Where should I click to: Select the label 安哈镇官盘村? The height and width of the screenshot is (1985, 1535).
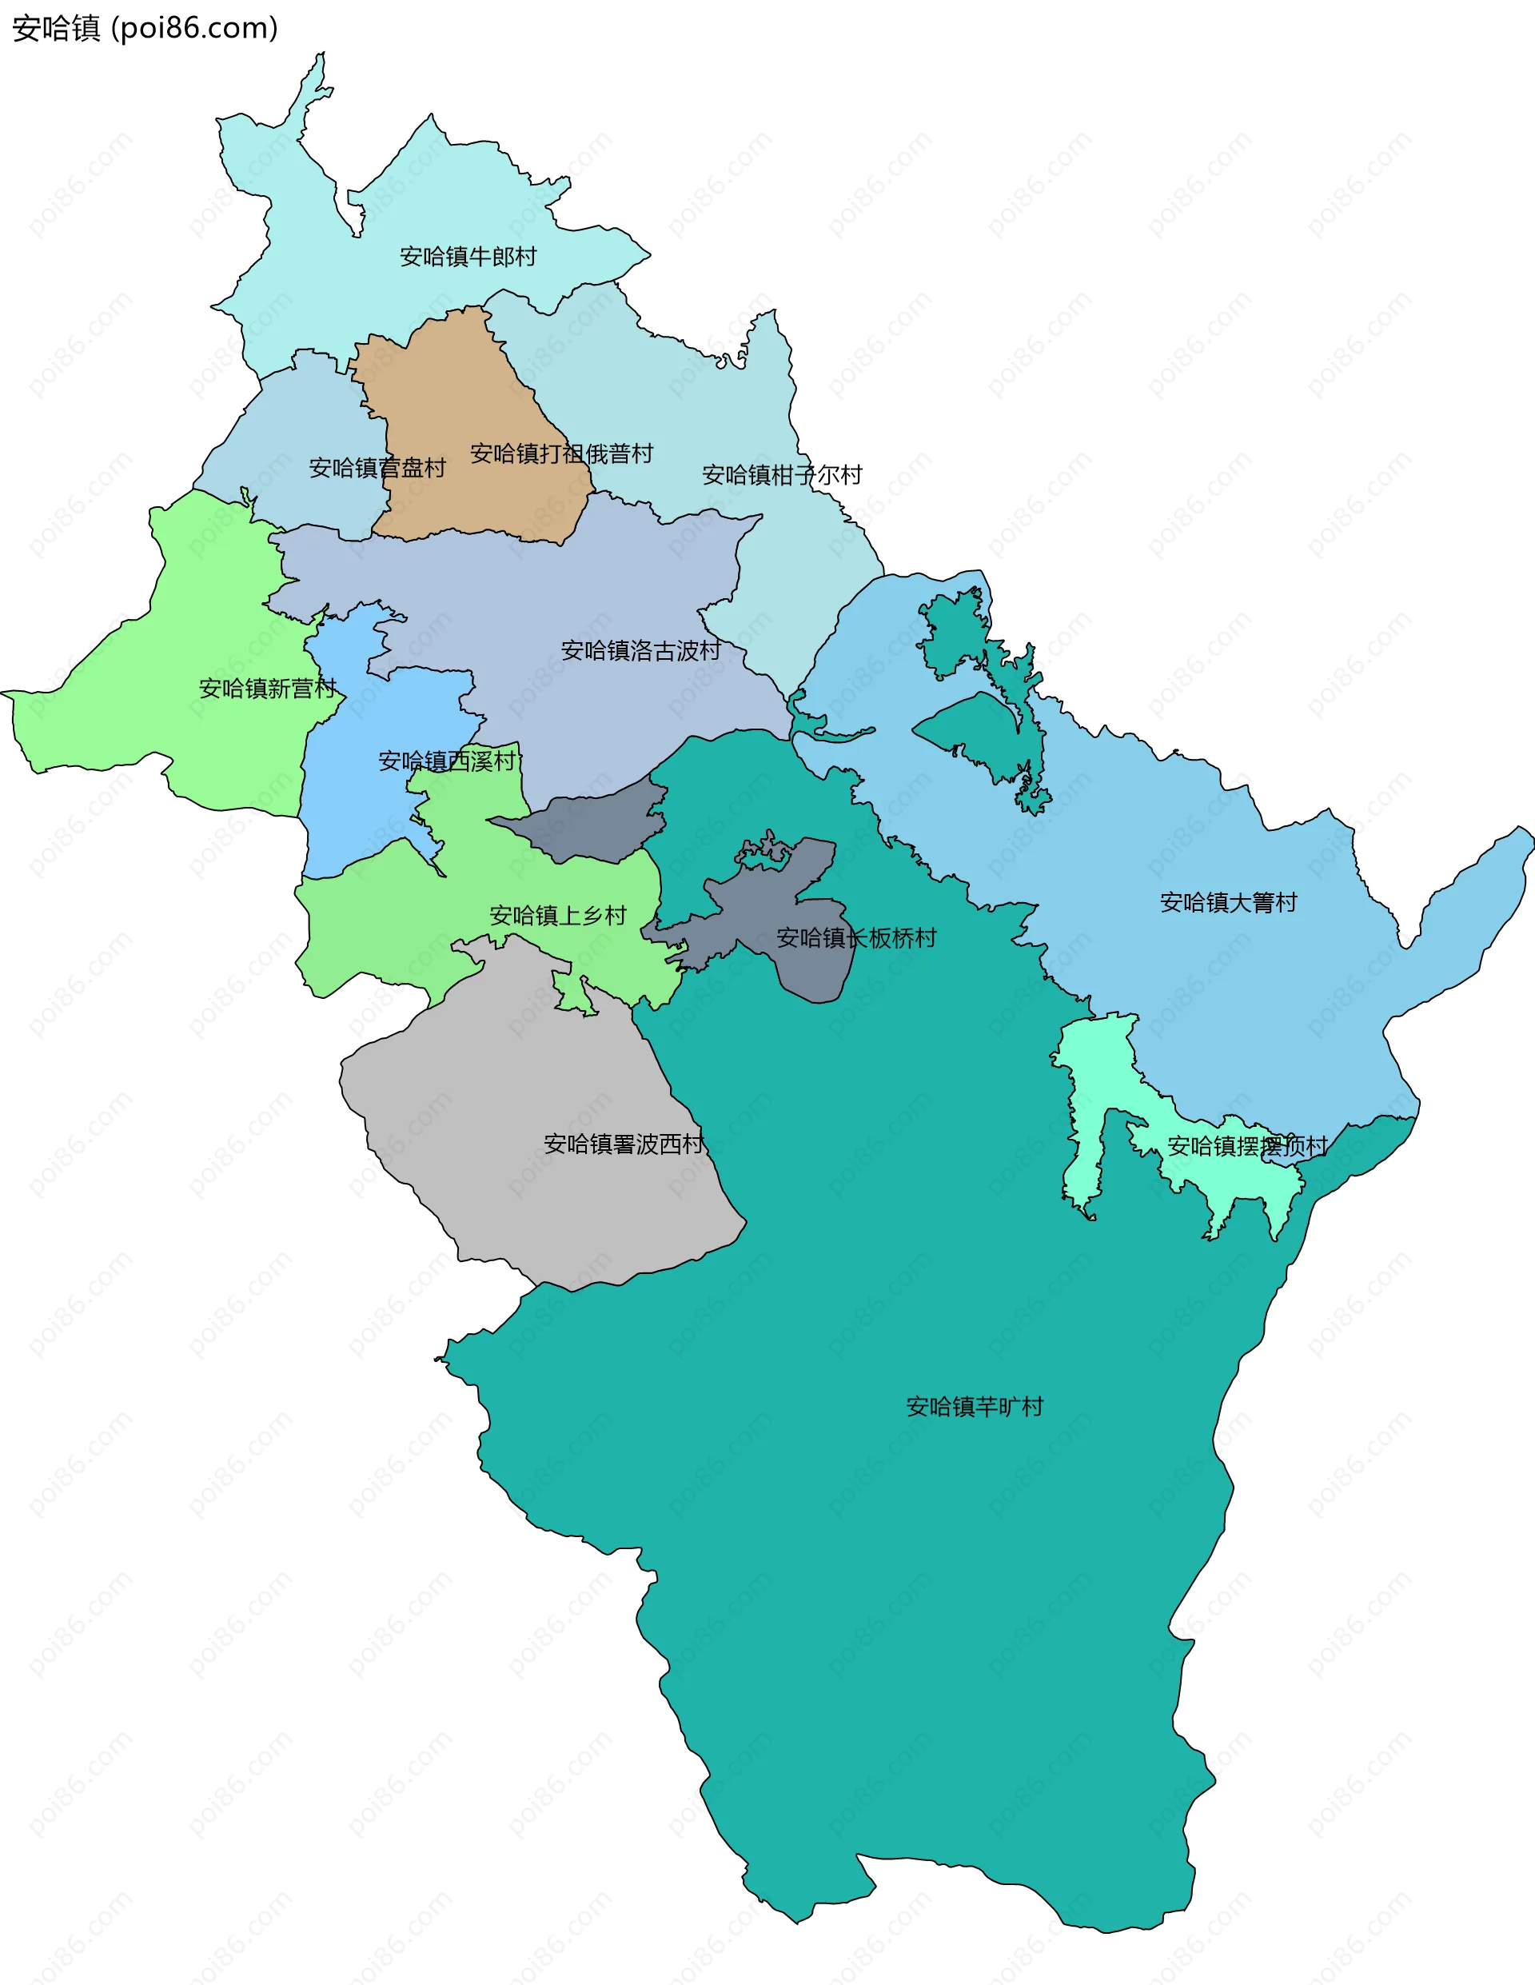(x=377, y=468)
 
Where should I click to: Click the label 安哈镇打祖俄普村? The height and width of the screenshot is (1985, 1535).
(x=560, y=453)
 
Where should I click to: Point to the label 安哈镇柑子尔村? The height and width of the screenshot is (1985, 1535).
(x=782, y=475)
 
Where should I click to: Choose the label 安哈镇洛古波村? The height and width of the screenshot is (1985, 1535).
(x=640, y=651)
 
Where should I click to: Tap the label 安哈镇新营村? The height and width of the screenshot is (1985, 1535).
(x=267, y=689)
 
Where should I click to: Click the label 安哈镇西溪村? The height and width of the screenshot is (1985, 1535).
(x=447, y=761)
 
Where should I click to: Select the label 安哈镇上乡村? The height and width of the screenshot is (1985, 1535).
(x=557, y=915)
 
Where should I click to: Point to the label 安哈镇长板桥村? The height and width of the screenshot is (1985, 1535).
(x=856, y=938)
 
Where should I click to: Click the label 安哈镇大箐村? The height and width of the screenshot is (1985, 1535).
(x=1228, y=902)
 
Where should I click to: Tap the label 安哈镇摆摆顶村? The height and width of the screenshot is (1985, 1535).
(x=1247, y=1146)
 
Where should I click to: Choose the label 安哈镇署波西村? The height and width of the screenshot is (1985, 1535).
(x=624, y=1144)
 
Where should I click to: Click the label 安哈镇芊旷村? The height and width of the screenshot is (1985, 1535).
(x=975, y=1407)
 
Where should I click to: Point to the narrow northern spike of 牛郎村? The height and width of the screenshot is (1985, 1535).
(x=313, y=91)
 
